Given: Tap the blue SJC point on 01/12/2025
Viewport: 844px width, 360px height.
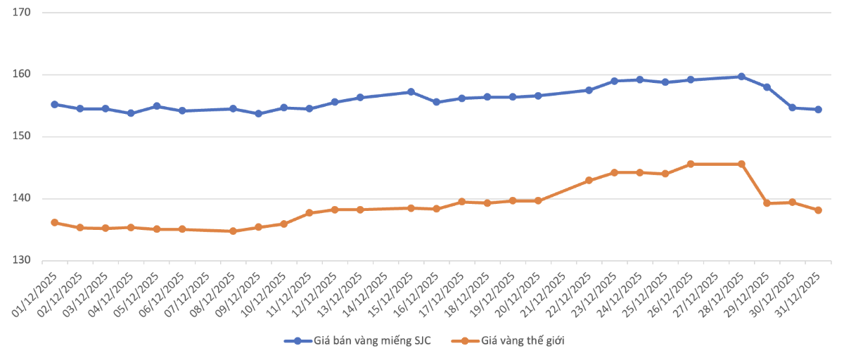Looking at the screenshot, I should (55, 104).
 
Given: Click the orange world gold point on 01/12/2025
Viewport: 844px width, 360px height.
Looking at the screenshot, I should (55, 223).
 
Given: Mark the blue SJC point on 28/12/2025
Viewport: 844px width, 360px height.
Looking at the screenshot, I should (741, 77).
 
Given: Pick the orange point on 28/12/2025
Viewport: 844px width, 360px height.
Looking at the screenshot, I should (741, 164).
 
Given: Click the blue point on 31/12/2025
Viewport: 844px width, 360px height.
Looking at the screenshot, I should (818, 109).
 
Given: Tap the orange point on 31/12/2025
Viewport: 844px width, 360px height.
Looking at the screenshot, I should (818, 210).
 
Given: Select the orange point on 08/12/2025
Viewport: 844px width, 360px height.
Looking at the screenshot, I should (233, 231).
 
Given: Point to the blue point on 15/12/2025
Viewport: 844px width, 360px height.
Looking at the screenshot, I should (411, 92).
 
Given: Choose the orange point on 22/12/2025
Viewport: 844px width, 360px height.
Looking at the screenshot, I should (589, 181).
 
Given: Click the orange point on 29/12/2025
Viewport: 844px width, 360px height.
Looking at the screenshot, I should (767, 203).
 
